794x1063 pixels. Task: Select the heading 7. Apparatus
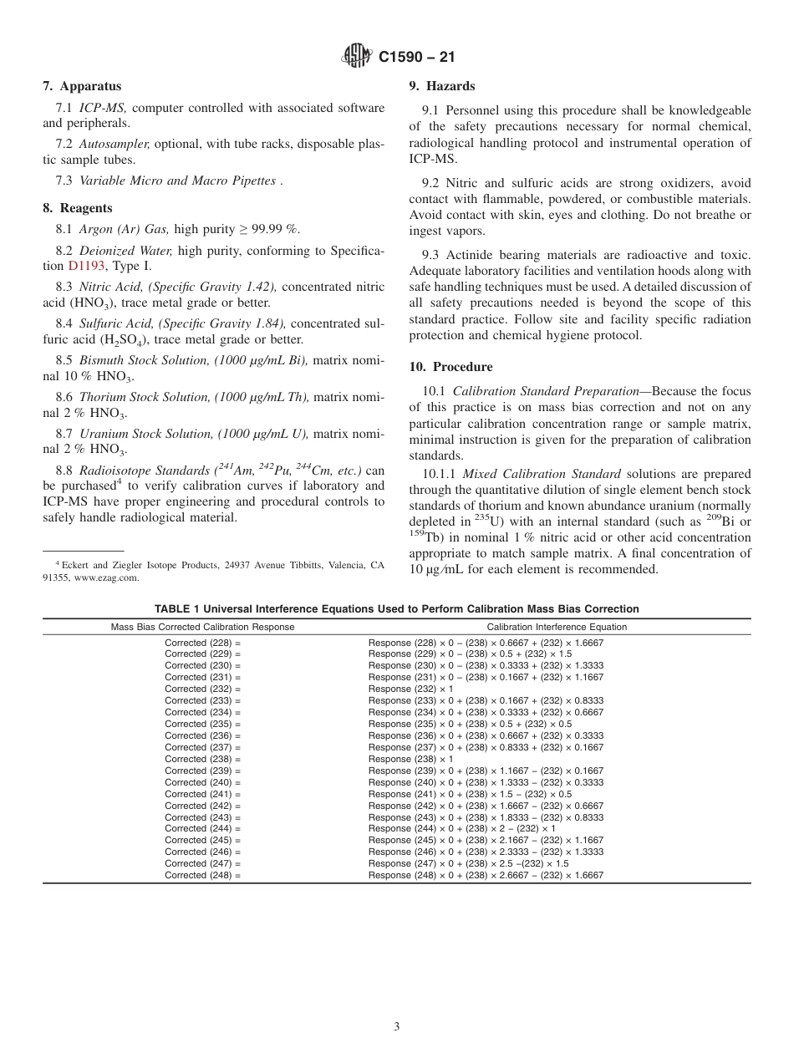pyautogui.click(x=82, y=86)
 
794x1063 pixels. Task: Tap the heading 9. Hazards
pyautogui.click(x=441, y=86)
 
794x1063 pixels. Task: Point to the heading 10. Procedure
pyautogui.click(x=450, y=367)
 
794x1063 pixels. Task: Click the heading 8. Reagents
pyautogui.click(x=78, y=208)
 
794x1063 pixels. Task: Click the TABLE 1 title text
pyautogui.click(x=396, y=609)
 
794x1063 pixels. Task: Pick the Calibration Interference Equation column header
pyautogui.click(x=557, y=627)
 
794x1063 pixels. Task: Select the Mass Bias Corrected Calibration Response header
pyautogui.click(x=203, y=627)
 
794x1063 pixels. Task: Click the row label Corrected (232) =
pyautogui.click(x=202, y=689)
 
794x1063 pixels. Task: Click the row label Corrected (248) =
pyautogui.click(x=202, y=875)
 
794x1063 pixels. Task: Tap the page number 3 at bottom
pyautogui.click(x=397, y=1027)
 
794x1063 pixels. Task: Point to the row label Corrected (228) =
pyautogui.click(x=202, y=643)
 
